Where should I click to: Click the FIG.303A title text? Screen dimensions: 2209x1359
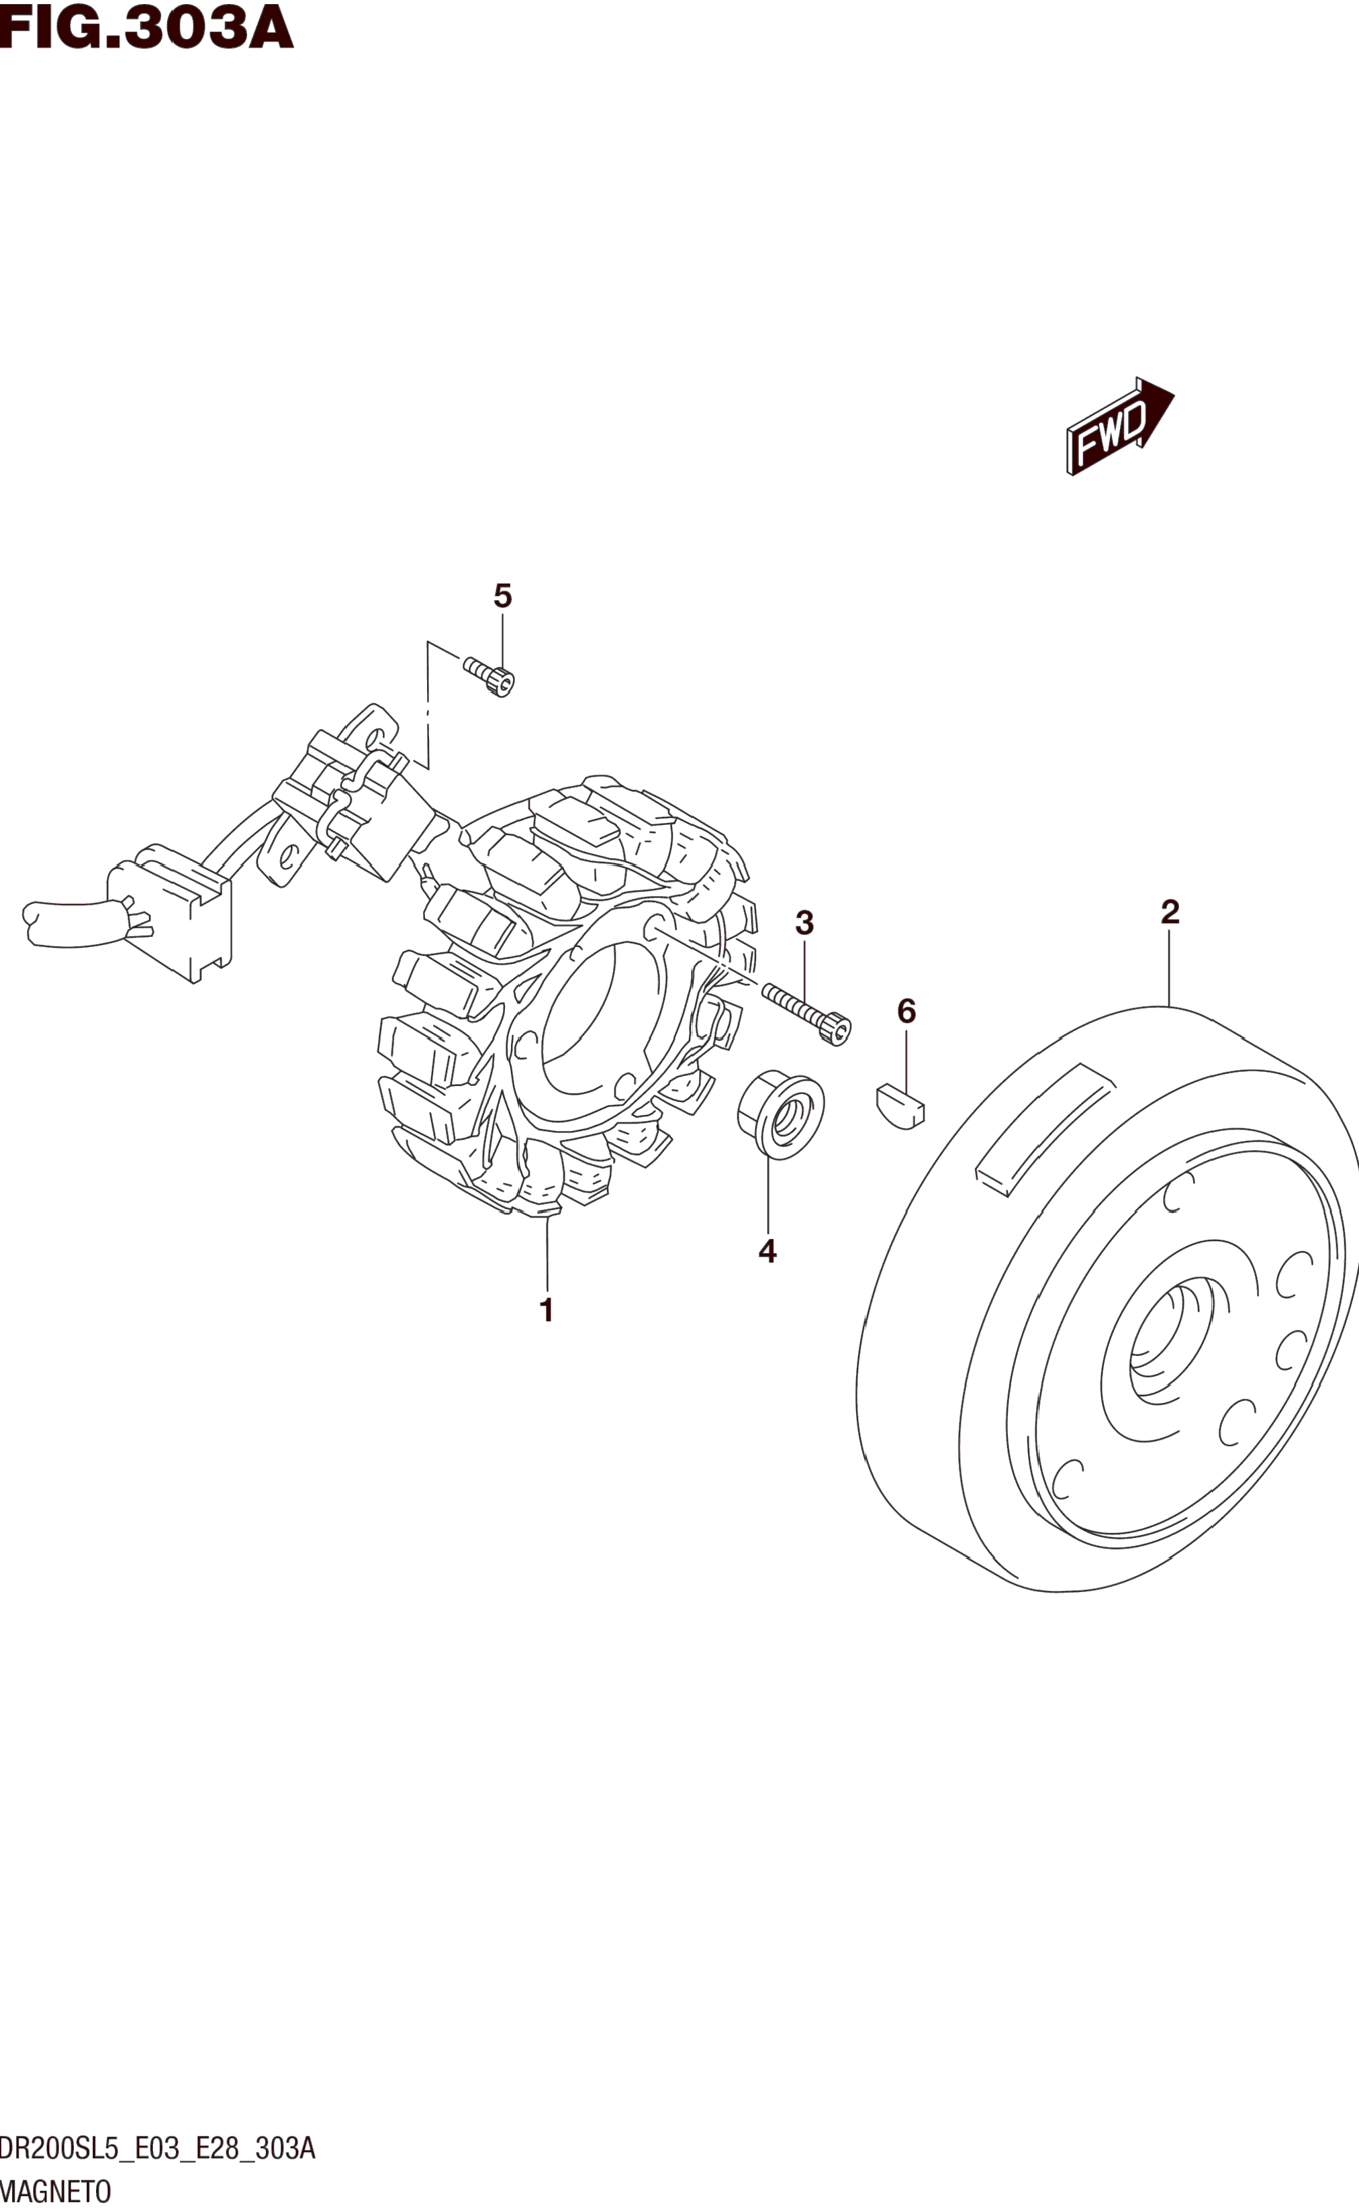(x=146, y=27)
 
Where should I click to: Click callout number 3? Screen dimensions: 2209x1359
(x=804, y=922)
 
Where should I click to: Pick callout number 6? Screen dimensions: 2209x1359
(x=906, y=1012)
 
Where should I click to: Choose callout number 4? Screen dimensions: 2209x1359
(x=767, y=1250)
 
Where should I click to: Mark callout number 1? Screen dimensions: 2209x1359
(x=546, y=1311)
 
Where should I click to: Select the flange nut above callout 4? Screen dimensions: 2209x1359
(x=780, y=1114)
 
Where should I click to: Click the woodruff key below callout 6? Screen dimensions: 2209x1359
(x=900, y=1105)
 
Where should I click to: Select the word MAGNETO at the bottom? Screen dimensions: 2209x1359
(x=56, y=2190)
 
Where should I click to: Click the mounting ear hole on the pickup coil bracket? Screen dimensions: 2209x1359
(x=289, y=856)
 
